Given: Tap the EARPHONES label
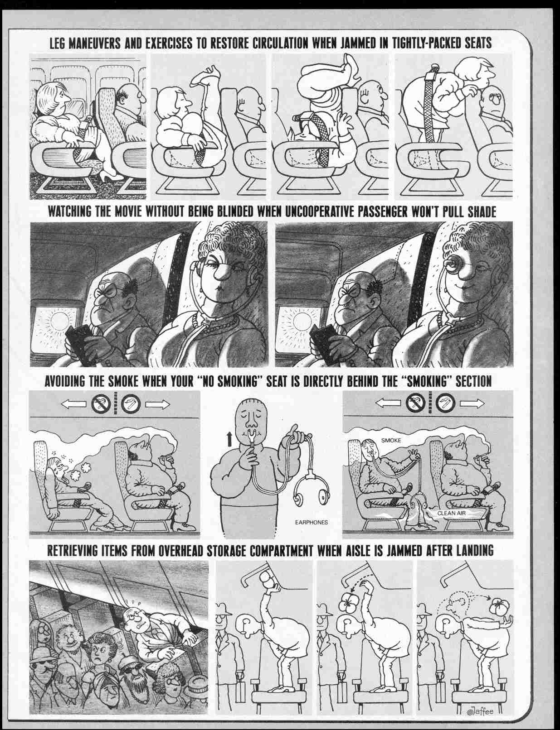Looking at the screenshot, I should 311,522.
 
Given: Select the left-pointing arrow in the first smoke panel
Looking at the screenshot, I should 73,403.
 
